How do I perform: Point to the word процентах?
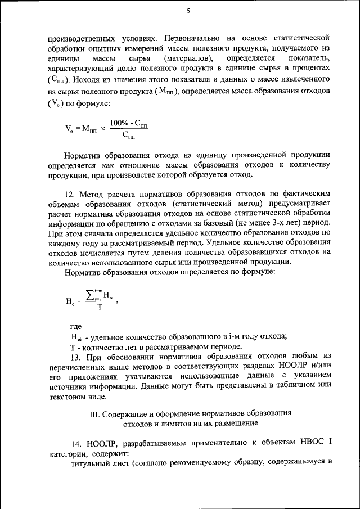click(309, 69)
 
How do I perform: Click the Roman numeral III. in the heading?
click(96, 413)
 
